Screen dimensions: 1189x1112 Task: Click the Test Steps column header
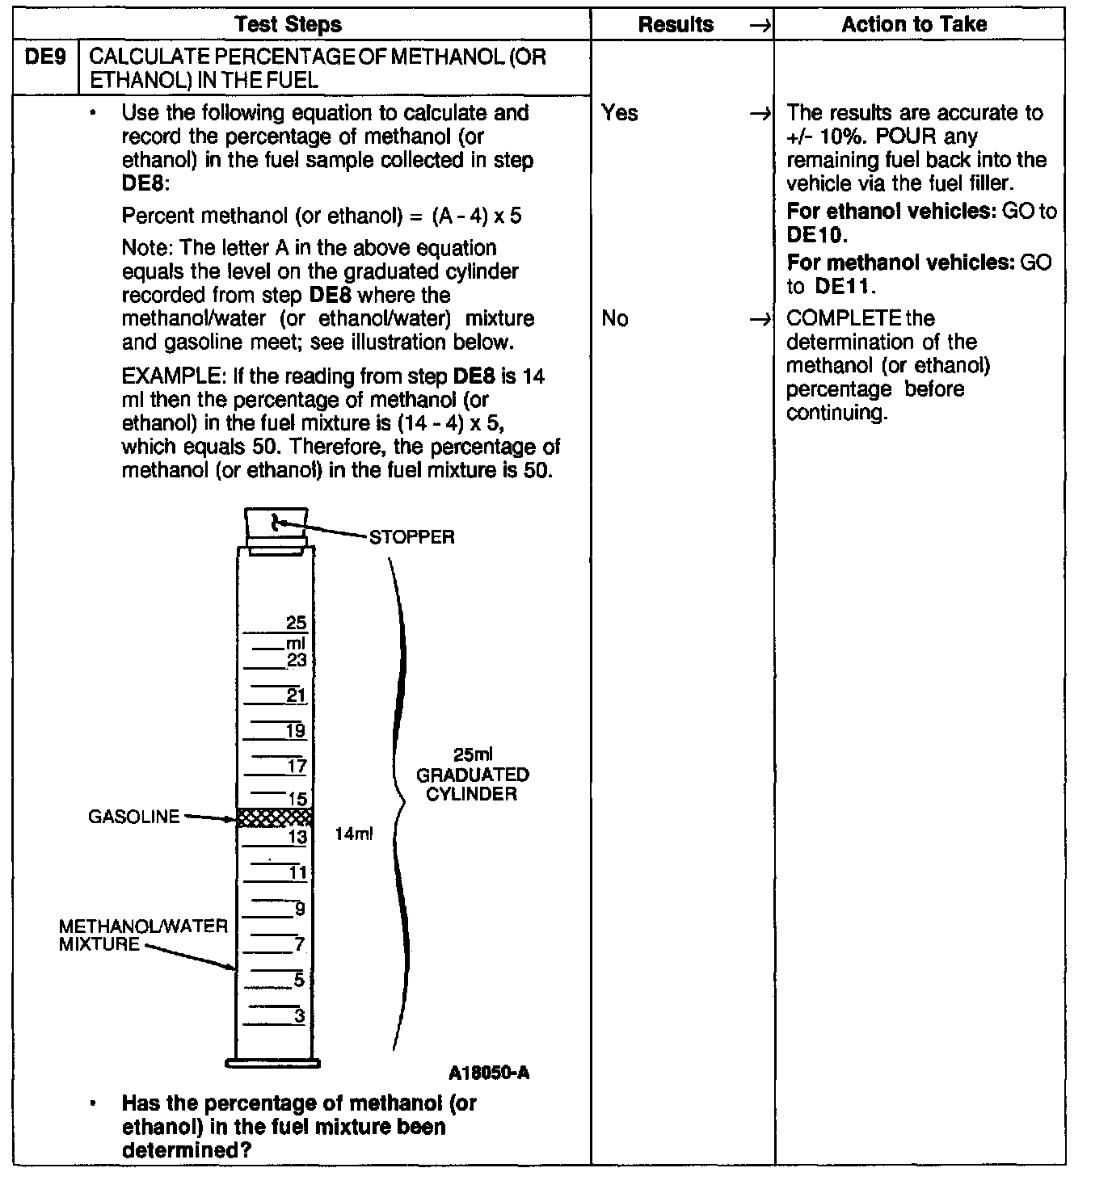(x=289, y=24)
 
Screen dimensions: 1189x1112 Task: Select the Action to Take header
(x=914, y=24)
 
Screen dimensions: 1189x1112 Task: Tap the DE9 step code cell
(x=45, y=57)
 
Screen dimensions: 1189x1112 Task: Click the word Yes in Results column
(x=620, y=113)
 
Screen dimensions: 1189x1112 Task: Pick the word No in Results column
(x=615, y=319)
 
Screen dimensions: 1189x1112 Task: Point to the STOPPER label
(x=412, y=537)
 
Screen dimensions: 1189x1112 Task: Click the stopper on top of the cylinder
(x=276, y=526)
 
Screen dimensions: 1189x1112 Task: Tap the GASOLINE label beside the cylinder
(x=134, y=817)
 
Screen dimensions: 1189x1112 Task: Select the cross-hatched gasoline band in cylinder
(x=275, y=817)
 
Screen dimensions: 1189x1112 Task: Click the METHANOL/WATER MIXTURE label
(x=143, y=935)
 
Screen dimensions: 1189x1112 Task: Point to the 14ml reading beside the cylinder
(x=354, y=834)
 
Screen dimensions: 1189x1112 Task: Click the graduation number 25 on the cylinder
(x=297, y=623)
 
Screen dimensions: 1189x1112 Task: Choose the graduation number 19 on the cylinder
(x=296, y=731)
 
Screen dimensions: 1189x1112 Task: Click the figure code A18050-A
(x=490, y=1073)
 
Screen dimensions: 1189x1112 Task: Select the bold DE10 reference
(x=817, y=235)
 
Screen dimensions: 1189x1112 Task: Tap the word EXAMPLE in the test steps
(x=174, y=376)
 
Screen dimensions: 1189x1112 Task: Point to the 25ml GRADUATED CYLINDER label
(x=473, y=775)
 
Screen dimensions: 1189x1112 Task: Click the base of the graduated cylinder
(x=273, y=1062)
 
